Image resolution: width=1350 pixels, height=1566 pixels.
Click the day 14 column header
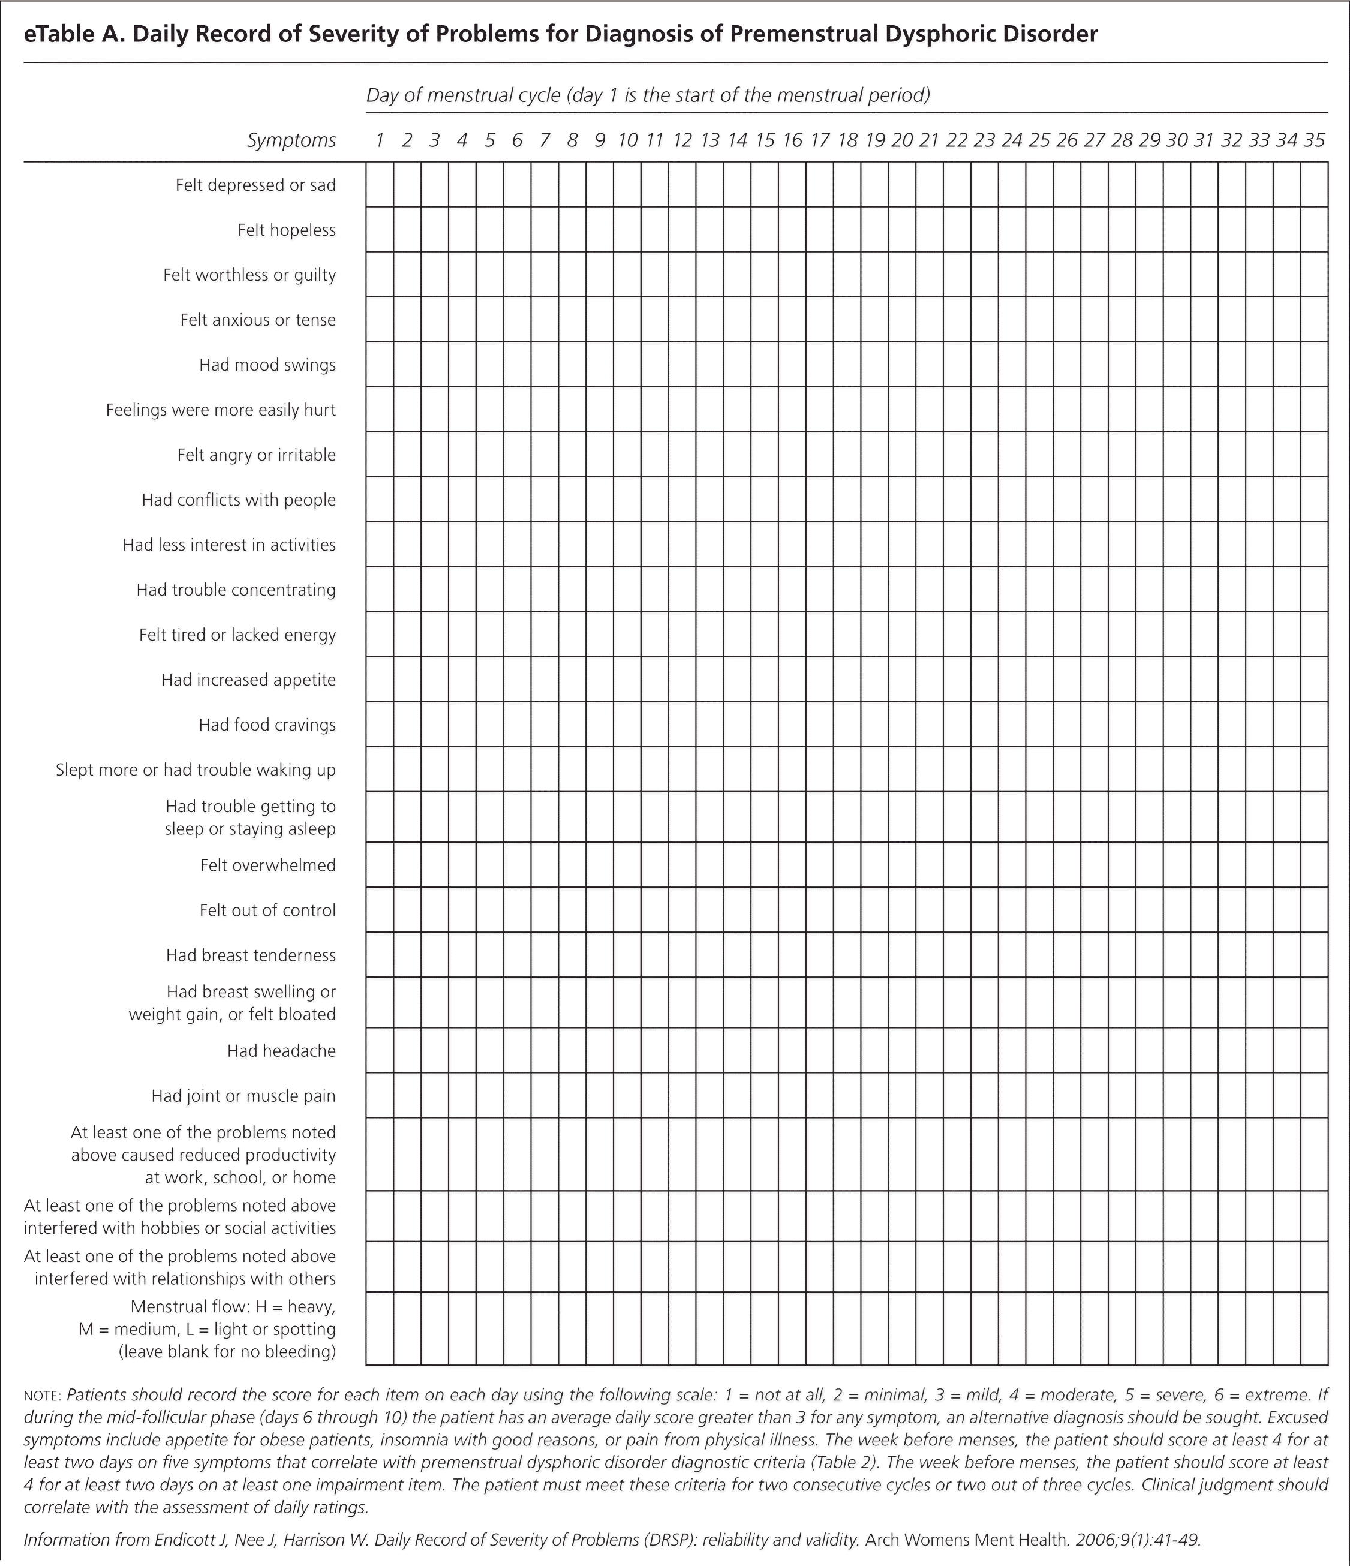tap(737, 140)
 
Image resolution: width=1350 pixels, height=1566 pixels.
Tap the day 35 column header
tap(1315, 140)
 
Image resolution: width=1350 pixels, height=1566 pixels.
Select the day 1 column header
tap(380, 140)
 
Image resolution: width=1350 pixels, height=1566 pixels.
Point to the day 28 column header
tap(1122, 140)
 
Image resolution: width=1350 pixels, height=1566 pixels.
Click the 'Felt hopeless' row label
tap(287, 230)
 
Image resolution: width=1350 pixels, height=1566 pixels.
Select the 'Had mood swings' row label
tap(267, 365)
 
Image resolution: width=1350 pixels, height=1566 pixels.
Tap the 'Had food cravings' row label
tap(267, 725)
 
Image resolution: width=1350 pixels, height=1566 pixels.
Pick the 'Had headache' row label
tap(281, 1051)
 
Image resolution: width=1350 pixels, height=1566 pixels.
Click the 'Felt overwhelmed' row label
tap(267, 865)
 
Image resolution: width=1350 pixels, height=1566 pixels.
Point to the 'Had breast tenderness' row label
tap(251, 955)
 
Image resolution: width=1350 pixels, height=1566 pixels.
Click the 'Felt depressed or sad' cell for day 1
tap(380, 185)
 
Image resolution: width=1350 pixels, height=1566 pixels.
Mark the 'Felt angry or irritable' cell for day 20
tap(902, 455)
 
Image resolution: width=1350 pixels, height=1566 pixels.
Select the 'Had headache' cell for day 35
tap(1315, 1051)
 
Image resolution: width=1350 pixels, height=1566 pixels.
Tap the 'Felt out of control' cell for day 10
tap(627, 910)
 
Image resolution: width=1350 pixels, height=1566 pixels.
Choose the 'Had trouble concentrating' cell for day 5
tap(490, 590)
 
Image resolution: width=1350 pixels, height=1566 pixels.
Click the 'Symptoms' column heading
tap(291, 140)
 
